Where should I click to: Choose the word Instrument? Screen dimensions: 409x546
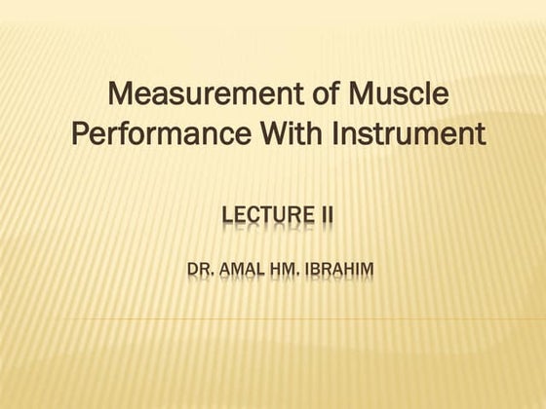pyautogui.click(x=409, y=133)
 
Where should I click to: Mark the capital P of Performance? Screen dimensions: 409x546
pyautogui.click(x=81, y=133)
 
